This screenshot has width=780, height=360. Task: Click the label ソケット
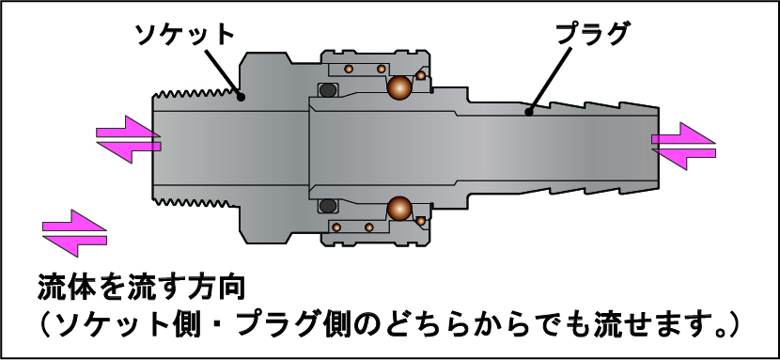click(185, 35)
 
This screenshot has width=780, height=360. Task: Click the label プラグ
click(591, 34)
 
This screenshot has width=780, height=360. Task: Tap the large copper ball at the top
click(399, 88)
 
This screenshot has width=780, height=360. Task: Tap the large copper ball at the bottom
click(399, 208)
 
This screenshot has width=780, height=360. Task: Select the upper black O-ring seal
click(328, 90)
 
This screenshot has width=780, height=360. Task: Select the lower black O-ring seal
click(328, 205)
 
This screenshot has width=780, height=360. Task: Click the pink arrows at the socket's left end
click(129, 139)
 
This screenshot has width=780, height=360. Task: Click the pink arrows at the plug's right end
click(683, 146)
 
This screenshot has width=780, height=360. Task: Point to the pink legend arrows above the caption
click(74, 233)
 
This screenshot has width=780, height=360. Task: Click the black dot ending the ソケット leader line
click(241, 97)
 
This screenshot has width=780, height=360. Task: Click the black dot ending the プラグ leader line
click(529, 113)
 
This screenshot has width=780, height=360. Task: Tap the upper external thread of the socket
click(194, 93)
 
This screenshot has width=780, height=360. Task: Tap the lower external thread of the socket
click(194, 202)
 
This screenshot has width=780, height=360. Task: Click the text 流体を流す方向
click(142, 288)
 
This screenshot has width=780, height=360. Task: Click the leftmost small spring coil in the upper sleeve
click(350, 68)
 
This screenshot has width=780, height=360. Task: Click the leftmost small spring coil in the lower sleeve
click(336, 227)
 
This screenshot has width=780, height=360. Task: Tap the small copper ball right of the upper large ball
click(421, 75)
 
